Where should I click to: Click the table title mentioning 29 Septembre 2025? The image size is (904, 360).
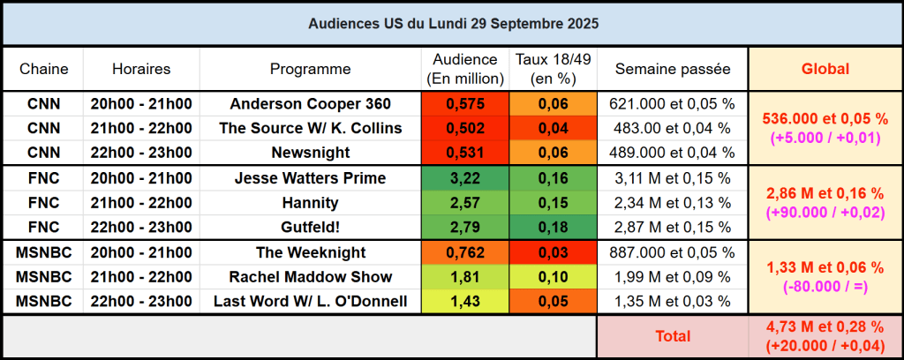452,24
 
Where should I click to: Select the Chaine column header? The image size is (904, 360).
44,69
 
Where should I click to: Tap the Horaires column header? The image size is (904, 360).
141,69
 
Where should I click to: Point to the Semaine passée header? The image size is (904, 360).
673,69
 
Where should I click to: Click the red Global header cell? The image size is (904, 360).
825,69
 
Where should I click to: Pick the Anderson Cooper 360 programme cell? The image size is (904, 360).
310,103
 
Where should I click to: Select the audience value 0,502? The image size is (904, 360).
466,128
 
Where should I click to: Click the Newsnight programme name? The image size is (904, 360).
310,153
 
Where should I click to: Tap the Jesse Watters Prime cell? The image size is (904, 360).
310,178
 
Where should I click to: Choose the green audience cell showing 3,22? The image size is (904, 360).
466,178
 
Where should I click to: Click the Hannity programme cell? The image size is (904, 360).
310,203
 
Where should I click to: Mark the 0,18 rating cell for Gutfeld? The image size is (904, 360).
554,228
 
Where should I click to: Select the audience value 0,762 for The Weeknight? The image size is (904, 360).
466,252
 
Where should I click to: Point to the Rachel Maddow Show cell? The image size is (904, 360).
310,277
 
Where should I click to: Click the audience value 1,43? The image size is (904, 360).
466,302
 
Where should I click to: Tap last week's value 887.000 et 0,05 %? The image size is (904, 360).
673,252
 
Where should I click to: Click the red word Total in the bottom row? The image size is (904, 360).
673,336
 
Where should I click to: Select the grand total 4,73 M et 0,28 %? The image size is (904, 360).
825,328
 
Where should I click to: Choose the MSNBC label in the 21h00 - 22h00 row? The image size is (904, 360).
44,277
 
